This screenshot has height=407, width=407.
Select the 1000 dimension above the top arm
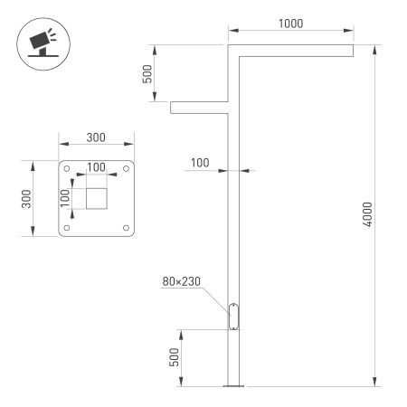[290, 23]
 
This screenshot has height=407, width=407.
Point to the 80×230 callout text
[182, 281]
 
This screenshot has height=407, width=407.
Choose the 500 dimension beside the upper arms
[148, 74]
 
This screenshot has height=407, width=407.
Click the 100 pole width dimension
[200, 163]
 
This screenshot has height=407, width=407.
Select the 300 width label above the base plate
[96, 137]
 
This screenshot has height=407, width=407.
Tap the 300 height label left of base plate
[27, 197]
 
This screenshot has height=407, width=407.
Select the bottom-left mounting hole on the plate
[68, 226]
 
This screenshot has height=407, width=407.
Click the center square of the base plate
[96, 197]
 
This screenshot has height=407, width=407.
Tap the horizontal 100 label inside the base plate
[96, 167]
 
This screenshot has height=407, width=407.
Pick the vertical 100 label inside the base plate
[64, 197]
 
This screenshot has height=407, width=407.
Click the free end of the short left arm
[173, 108]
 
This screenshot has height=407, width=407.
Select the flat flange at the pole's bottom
[234, 387]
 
